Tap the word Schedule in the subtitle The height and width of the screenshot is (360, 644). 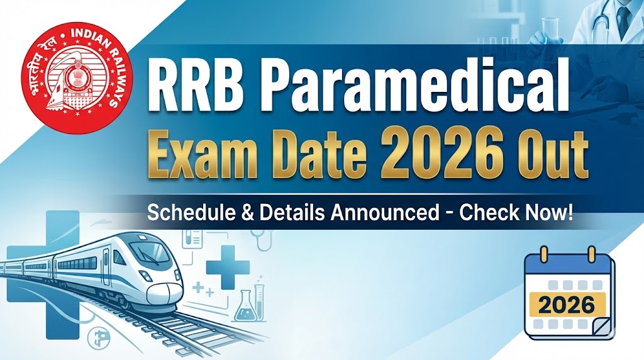[x=186, y=213]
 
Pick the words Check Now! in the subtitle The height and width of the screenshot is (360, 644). [x=516, y=213]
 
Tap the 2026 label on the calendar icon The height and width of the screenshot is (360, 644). [x=567, y=305]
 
